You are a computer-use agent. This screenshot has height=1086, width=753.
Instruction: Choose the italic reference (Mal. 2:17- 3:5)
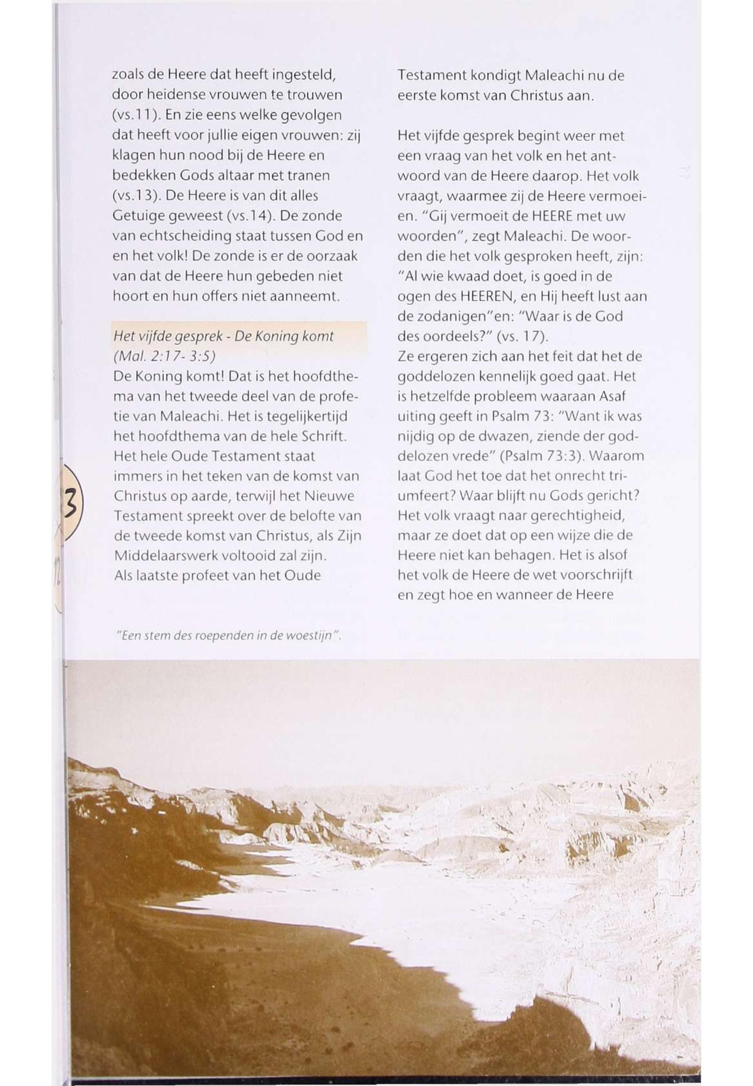[164, 356]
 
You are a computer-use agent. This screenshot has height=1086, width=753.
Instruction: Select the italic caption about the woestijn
[229, 636]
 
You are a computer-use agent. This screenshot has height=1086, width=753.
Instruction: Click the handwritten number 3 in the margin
[71, 503]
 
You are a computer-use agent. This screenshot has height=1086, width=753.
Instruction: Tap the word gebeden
[279, 276]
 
